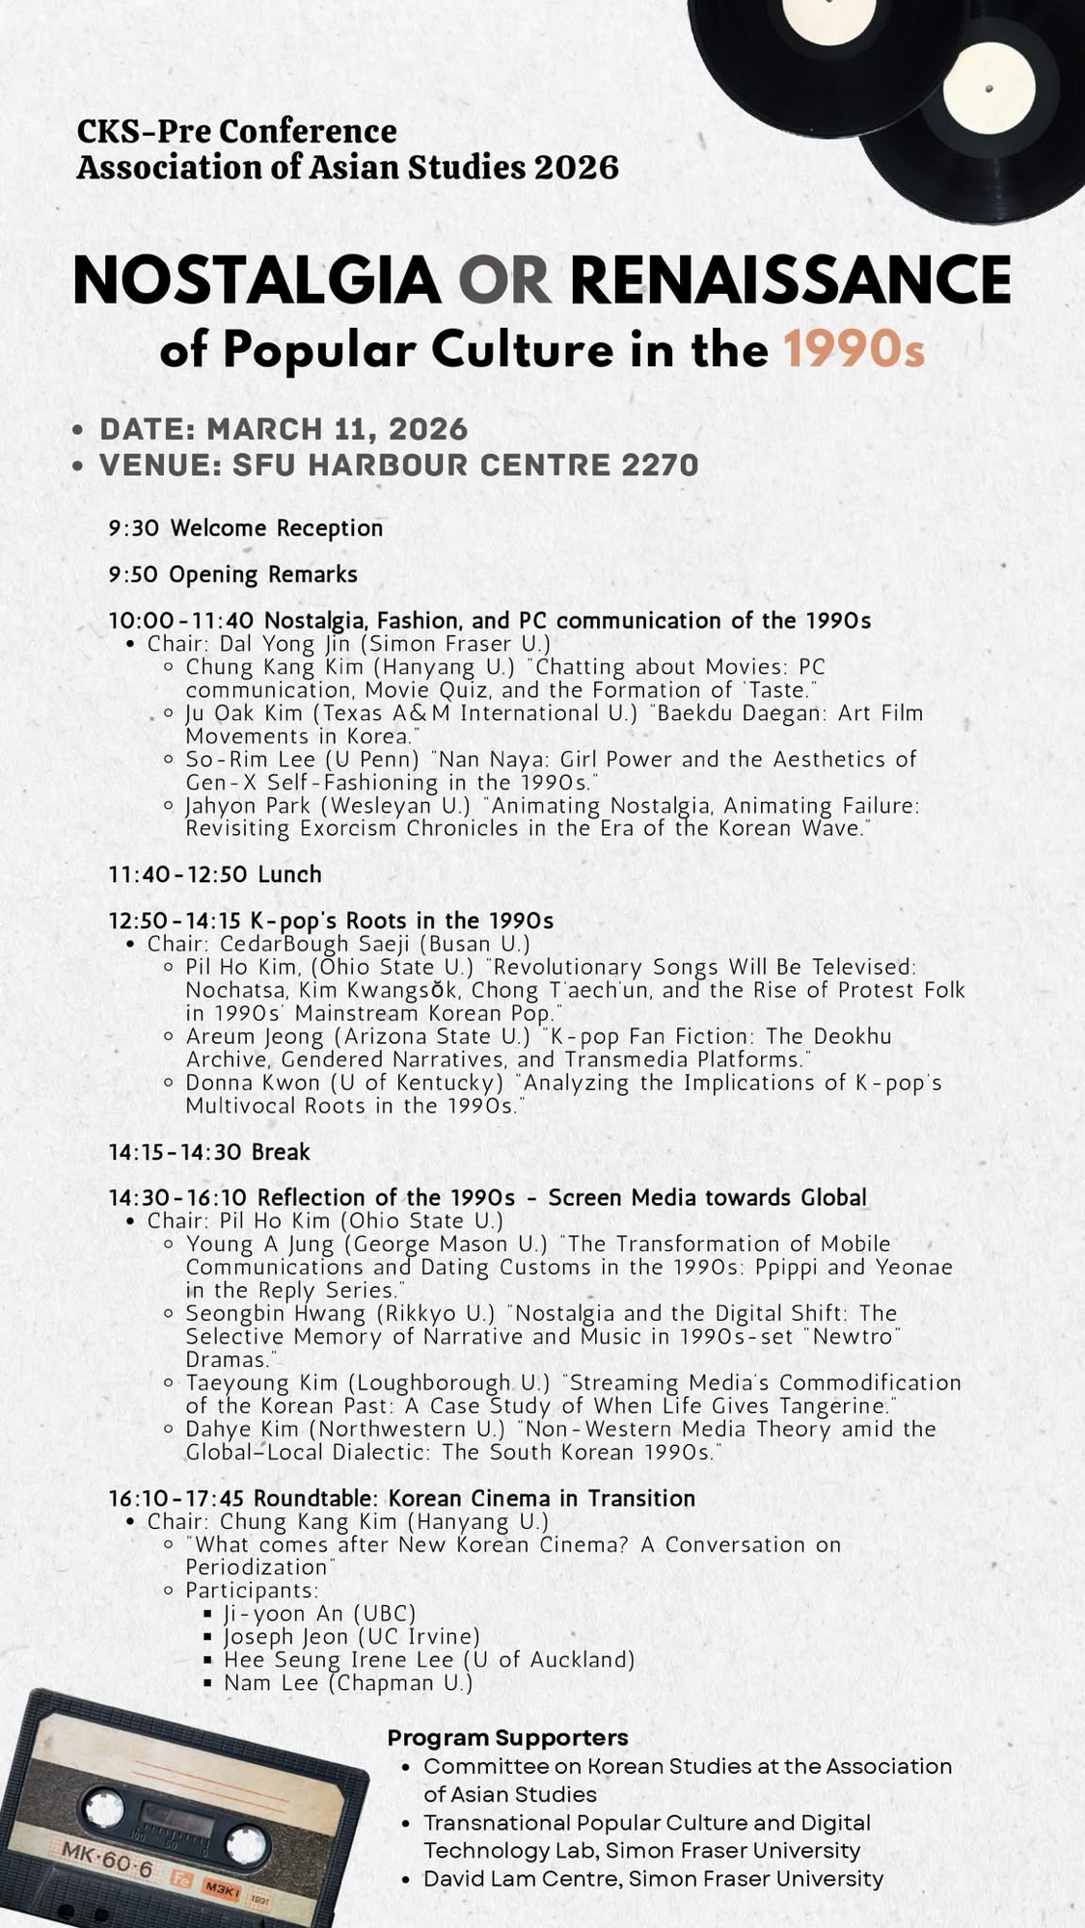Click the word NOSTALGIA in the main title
256,281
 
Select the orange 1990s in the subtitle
854,350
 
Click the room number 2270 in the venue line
660,465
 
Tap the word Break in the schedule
281,1152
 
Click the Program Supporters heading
507,1737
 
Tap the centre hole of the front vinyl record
989,89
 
